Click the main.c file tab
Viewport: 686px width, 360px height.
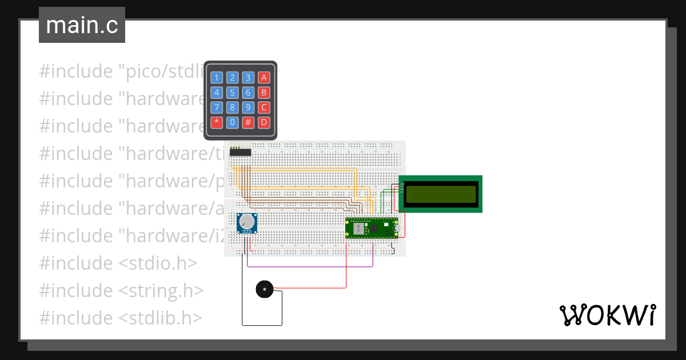coord(82,26)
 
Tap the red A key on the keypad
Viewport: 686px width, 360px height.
coord(264,78)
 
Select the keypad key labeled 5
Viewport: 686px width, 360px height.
coord(232,93)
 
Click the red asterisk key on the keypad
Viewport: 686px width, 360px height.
coord(217,122)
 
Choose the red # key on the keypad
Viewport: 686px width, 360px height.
coord(248,122)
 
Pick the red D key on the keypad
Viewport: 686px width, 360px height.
coord(264,122)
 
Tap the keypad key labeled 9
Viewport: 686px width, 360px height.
coord(248,107)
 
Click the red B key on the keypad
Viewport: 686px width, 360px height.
coord(264,93)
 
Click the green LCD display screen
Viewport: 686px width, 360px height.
coord(440,194)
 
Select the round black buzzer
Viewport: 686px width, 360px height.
coord(264,289)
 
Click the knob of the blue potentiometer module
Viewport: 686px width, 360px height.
coord(246,222)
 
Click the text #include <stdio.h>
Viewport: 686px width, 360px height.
coord(118,263)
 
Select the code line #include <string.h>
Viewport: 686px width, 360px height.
coord(121,290)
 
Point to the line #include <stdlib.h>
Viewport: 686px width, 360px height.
coord(120,318)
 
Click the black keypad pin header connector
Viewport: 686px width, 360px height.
coord(241,152)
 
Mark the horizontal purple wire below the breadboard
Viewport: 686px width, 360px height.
coord(309,266)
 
